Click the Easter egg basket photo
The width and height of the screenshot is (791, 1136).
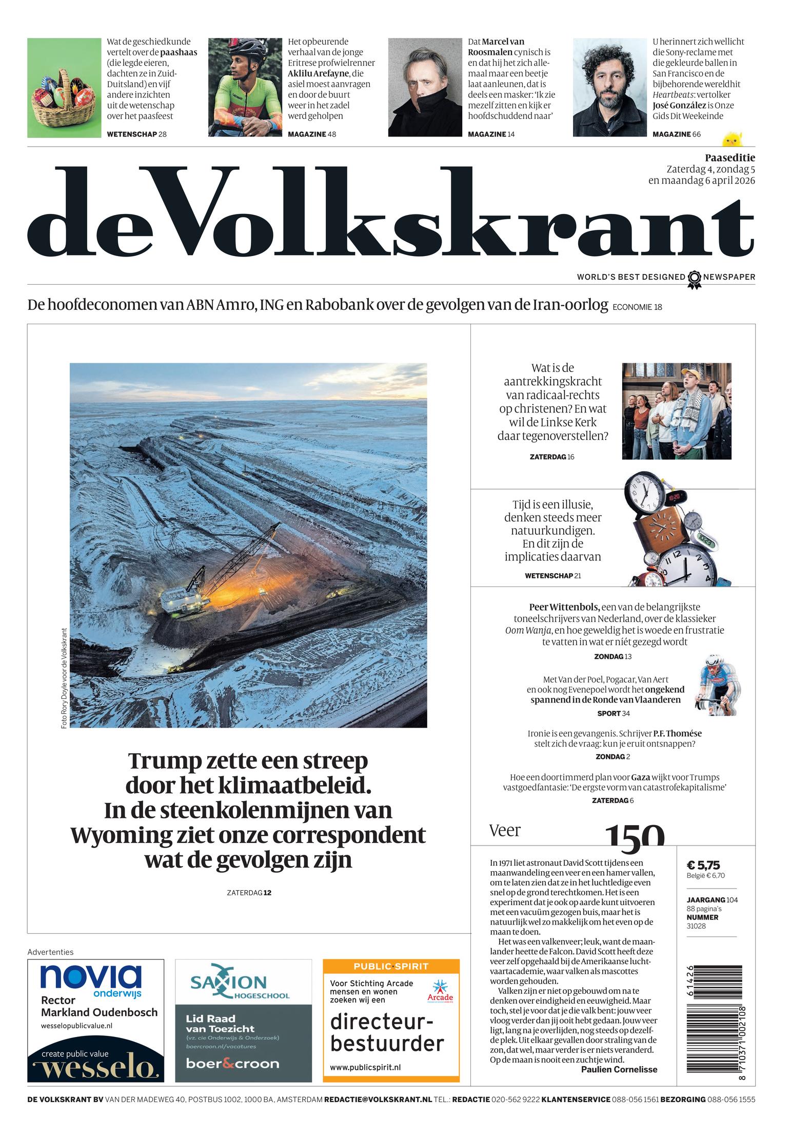point(64,88)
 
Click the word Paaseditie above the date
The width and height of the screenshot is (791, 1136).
point(729,158)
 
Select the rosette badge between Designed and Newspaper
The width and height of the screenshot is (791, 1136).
point(694,278)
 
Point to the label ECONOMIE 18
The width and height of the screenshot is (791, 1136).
point(637,307)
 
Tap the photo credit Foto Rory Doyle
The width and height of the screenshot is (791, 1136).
point(64,678)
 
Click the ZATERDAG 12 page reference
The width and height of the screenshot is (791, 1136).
point(249,893)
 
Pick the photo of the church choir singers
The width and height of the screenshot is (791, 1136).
point(676,411)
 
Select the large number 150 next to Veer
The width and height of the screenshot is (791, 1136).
point(635,835)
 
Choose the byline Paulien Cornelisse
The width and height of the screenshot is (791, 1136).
point(619,1069)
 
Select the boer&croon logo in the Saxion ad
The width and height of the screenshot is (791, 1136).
point(232,1063)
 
